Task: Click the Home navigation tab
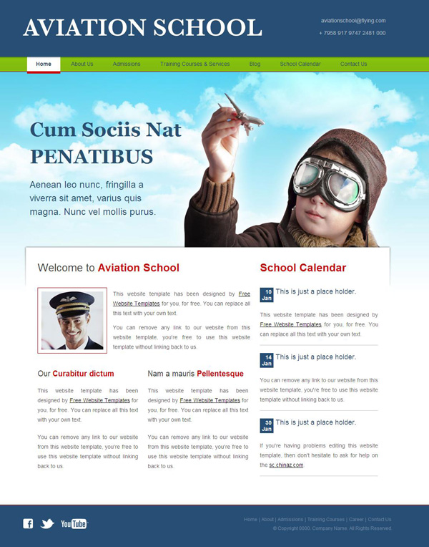tap(44, 64)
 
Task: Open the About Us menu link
tap(82, 64)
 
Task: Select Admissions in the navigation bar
tap(127, 64)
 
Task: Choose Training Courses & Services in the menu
tap(195, 64)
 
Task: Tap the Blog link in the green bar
tap(255, 64)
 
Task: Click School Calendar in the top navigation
tap(300, 64)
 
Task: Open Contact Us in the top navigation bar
tap(353, 64)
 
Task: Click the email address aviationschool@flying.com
tap(353, 21)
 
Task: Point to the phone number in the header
tap(352, 33)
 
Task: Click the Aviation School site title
tap(142, 28)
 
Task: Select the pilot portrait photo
tap(72, 320)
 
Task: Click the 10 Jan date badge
tap(267, 294)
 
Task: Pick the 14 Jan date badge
tap(267, 359)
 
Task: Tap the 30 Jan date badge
tap(267, 425)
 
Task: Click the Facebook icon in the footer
tap(28, 523)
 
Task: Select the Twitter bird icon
tap(47, 523)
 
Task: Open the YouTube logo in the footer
tap(74, 523)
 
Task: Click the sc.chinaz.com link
tap(286, 465)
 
